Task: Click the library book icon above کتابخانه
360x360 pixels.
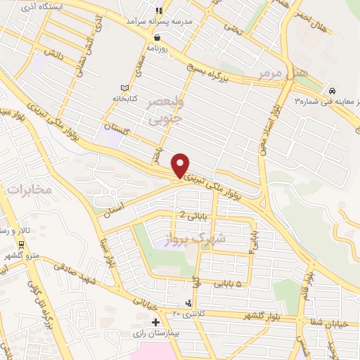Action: click(125, 88)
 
